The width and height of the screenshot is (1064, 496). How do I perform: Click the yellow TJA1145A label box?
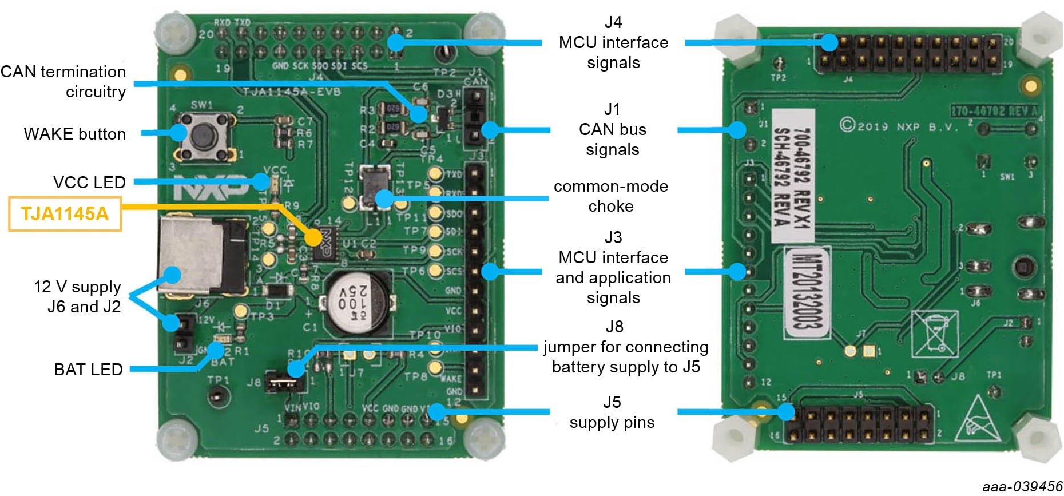pyautogui.click(x=65, y=214)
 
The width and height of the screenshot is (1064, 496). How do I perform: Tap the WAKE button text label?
pyautogui.click(x=74, y=134)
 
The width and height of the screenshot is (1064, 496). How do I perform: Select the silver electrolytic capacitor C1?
pyautogui.click(x=356, y=303)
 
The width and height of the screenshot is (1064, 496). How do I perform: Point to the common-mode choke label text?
pyautogui.click(x=611, y=196)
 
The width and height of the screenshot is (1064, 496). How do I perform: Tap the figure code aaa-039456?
pyautogui.click(x=1022, y=487)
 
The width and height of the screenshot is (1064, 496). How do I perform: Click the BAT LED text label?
pyautogui.click(x=88, y=370)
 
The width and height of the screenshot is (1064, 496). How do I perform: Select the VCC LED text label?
pyautogui.click(x=89, y=182)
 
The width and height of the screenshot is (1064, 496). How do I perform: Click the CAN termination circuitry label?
pyautogui.click(x=63, y=81)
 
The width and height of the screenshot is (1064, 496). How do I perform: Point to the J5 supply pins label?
pyautogui.click(x=612, y=412)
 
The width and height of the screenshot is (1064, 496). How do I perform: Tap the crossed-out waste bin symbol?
pyautogui.click(x=934, y=334)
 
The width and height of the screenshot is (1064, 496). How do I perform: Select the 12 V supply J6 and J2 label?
pyautogui.click(x=78, y=296)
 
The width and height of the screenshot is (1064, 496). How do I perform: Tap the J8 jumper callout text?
pyautogui.click(x=625, y=347)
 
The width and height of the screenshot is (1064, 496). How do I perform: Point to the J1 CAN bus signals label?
pyautogui.click(x=613, y=129)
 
